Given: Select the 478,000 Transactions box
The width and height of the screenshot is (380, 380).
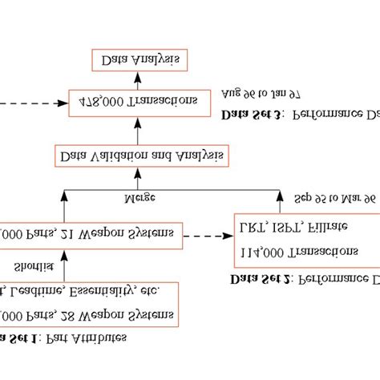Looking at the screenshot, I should pyautogui.click(x=139, y=102).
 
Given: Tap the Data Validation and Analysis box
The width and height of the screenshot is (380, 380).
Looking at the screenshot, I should pyautogui.click(x=139, y=154).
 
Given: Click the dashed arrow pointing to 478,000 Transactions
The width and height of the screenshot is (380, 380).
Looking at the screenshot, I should pyautogui.click(x=32, y=103).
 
